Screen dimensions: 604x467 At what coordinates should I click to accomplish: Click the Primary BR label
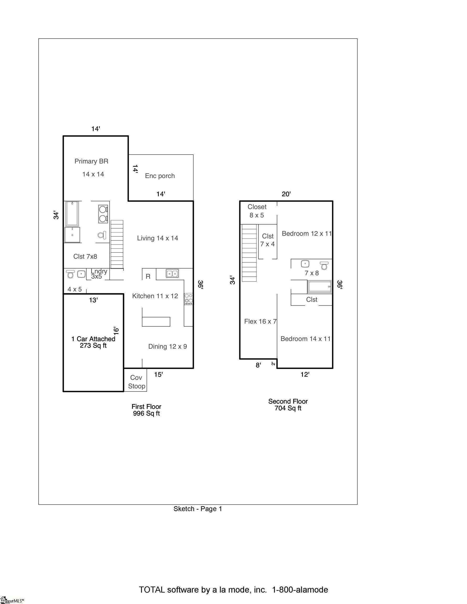pos(91,161)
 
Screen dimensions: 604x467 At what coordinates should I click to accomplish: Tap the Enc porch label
pos(160,176)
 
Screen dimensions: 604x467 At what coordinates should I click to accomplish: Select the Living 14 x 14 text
pos(157,238)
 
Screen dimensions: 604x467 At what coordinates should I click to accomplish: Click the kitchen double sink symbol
pos(172,273)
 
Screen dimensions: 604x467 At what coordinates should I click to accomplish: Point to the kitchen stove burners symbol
pos(189,299)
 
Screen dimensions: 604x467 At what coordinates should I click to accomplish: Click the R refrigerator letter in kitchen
pos(148,276)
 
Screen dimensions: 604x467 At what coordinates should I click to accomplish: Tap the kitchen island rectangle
pos(156,322)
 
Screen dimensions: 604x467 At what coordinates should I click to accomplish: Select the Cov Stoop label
pos(136,382)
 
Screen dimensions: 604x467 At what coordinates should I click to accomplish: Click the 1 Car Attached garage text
pos(93,339)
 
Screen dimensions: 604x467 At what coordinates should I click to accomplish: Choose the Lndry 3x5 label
pos(99,274)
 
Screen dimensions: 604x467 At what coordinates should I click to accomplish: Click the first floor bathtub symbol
pos(72,213)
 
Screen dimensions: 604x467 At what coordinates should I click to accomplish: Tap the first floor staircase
pos(117,244)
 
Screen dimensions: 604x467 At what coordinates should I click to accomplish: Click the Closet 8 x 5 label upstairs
pos(257,211)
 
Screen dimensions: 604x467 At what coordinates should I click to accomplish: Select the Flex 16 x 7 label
pos(260,321)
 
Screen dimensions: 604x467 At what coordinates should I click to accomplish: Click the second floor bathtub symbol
pos(320,287)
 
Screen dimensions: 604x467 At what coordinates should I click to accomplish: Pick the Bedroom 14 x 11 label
pos(305,339)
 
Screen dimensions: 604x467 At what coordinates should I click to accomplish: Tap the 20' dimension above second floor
pos(286,194)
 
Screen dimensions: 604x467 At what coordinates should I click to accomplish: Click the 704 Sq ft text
pos(288,408)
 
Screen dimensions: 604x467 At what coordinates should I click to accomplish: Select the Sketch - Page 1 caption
pos(198,509)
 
